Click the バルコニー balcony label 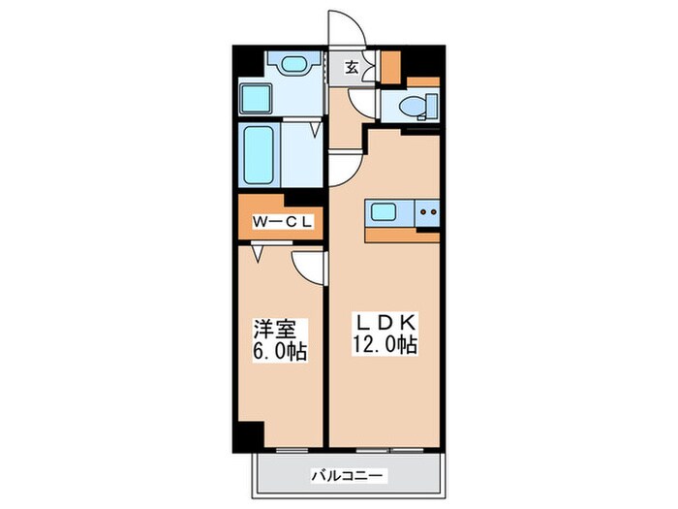click(x=347, y=477)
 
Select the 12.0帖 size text click(x=385, y=344)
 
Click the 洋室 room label click(x=274, y=330)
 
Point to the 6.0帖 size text click(x=280, y=352)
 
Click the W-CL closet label click(x=282, y=222)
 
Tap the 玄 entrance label click(x=352, y=67)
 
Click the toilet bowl click(x=418, y=106)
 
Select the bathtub click(x=259, y=154)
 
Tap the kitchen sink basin click(x=384, y=212)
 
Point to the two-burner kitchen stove click(x=428, y=212)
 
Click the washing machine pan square click(x=256, y=99)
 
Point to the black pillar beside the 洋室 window click(x=248, y=436)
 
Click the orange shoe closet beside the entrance click(x=390, y=66)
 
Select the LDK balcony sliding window click(x=390, y=450)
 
